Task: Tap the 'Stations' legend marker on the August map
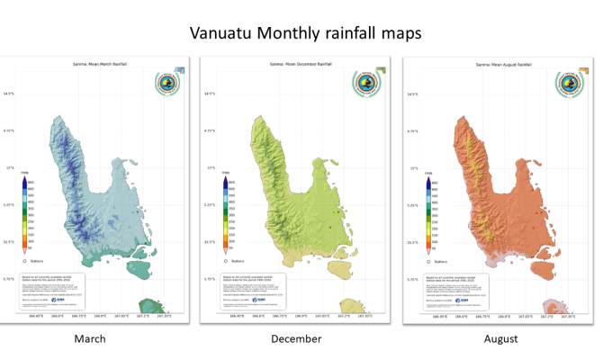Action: (x=428, y=259)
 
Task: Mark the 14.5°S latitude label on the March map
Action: (x=8, y=93)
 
